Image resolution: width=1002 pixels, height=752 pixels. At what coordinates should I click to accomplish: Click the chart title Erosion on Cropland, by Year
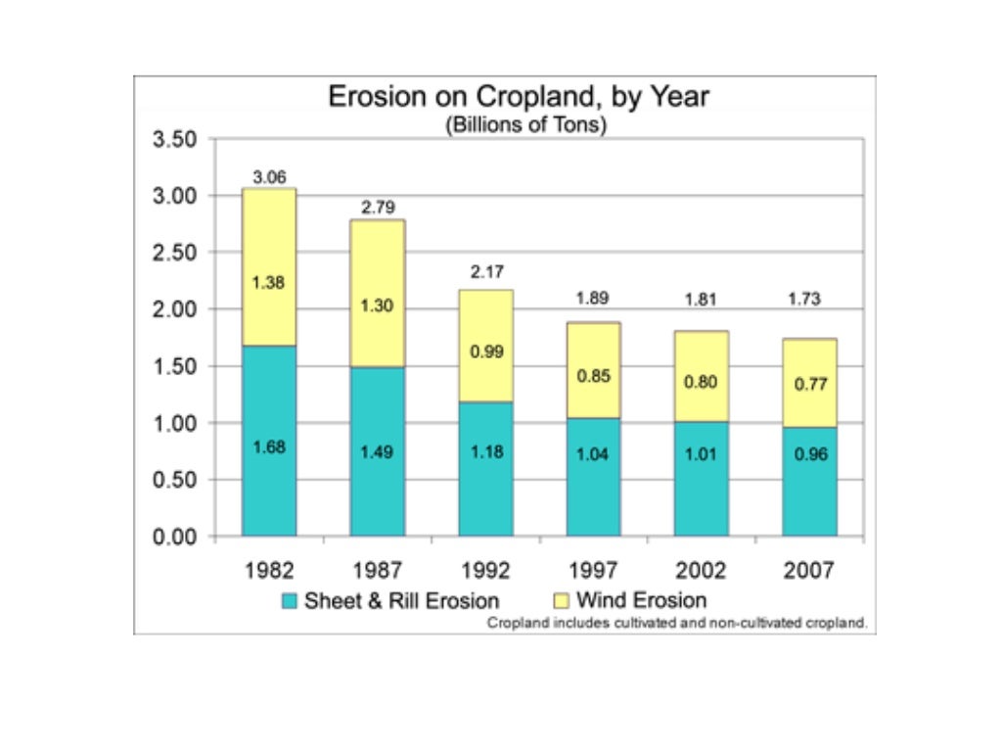tap(519, 98)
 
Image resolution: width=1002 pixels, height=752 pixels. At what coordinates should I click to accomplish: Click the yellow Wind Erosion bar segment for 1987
tap(378, 293)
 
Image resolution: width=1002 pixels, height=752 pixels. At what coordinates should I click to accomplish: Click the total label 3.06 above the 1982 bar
tap(269, 177)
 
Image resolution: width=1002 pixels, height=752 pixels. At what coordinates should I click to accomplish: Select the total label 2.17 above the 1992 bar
tap(486, 271)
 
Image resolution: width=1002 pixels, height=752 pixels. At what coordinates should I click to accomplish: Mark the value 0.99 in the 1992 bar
tap(486, 352)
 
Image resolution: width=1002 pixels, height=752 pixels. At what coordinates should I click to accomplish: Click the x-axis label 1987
tap(378, 570)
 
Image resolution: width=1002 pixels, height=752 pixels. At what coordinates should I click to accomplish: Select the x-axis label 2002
tap(702, 570)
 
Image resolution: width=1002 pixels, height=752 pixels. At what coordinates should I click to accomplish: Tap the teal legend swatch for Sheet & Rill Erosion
tap(289, 600)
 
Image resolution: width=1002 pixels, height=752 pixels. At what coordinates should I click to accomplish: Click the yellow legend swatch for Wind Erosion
tap(563, 600)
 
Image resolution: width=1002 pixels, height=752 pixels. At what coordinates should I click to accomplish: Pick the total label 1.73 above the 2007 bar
tap(809, 300)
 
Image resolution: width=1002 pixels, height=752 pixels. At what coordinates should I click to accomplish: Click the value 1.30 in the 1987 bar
tap(378, 305)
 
